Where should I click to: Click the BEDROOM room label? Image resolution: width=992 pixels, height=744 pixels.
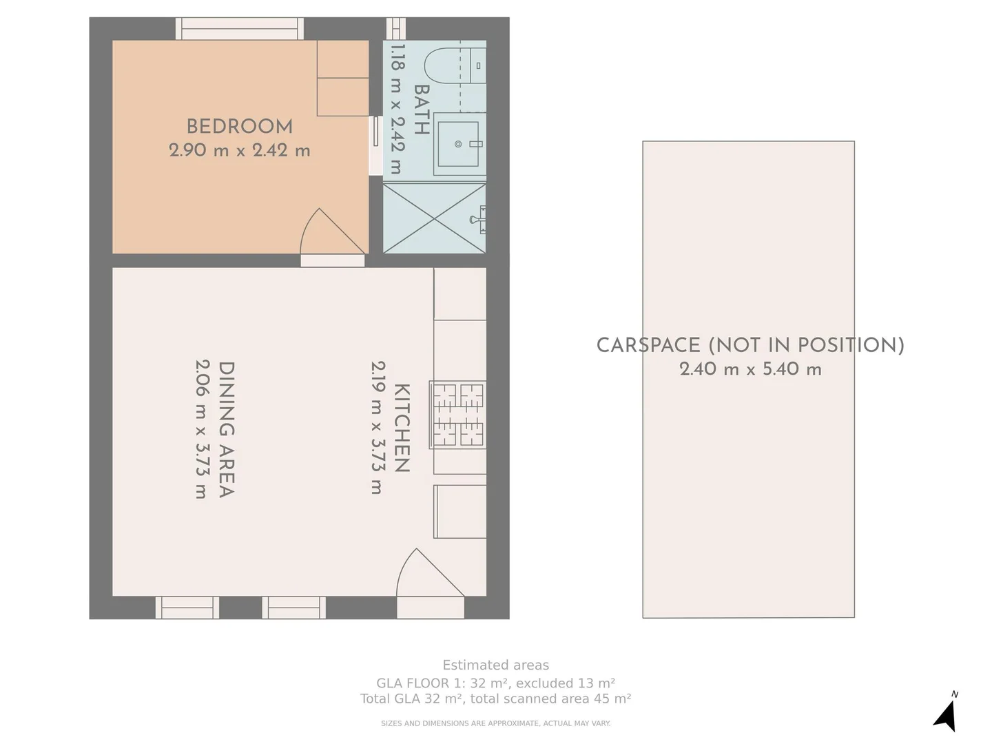[x=239, y=127]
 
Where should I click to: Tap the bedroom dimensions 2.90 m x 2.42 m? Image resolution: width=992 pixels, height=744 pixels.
[x=239, y=150]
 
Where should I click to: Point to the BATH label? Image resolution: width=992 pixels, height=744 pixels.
[x=421, y=109]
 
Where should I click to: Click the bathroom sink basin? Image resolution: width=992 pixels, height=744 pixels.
[x=458, y=144]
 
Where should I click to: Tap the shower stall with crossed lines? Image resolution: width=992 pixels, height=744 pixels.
[x=434, y=218]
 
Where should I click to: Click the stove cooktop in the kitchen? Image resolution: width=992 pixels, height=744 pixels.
[x=458, y=415]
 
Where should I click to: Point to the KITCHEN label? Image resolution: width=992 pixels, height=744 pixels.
[x=402, y=428]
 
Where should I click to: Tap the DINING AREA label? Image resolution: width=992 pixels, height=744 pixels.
[x=226, y=428]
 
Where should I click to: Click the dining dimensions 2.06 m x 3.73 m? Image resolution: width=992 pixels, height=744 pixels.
[x=201, y=428]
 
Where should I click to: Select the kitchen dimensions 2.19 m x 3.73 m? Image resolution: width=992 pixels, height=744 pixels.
[x=377, y=428]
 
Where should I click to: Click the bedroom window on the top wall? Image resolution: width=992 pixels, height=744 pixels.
[x=239, y=29]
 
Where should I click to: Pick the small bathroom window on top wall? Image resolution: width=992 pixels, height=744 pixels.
[x=395, y=29]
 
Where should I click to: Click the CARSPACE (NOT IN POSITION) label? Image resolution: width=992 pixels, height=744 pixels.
[x=750, y=345]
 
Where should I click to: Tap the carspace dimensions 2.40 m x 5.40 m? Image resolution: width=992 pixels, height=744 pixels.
[x=750, y=369]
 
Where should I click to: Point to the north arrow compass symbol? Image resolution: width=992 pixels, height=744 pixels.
[x=947, y=714]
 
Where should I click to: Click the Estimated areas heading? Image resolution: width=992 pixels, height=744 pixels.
[x=495, y=665]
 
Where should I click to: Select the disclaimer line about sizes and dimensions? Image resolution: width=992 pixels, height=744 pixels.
[x=495, y=723]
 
